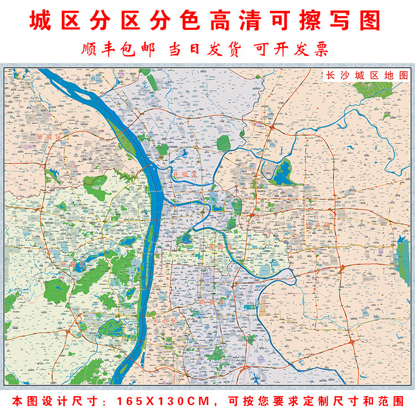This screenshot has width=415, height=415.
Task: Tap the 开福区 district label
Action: point(185,174)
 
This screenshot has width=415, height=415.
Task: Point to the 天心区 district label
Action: point(164,320)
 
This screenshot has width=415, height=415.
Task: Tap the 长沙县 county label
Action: point(317,226)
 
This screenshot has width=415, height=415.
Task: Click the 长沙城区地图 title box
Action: point(367,75)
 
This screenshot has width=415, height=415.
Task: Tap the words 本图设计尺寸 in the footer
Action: point(53,400)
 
